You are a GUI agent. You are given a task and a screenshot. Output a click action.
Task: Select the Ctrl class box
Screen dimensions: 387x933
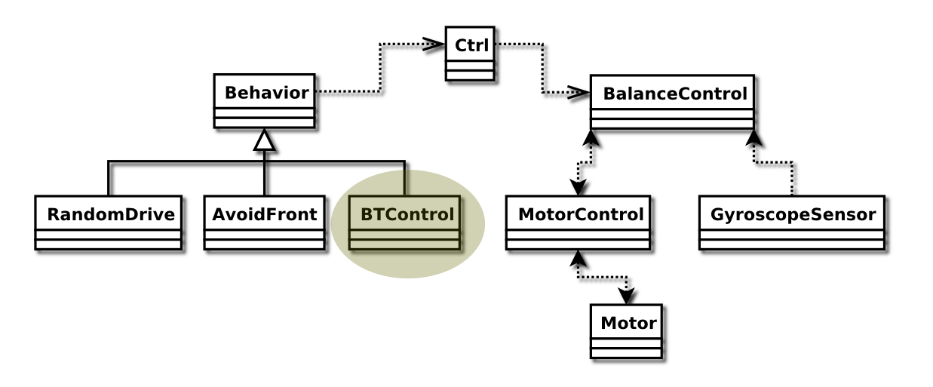[470, 53]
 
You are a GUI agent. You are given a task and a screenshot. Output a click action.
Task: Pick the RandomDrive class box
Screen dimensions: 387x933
[108, 222]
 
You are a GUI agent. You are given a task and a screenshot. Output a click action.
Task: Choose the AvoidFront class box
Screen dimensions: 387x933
[264, 222]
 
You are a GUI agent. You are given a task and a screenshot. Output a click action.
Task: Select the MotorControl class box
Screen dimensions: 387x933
[577, 222]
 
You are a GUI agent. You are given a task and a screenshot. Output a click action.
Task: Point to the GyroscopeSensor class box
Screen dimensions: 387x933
[791, 222]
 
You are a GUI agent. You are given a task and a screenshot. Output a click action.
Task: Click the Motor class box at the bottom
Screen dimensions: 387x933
[626, 331]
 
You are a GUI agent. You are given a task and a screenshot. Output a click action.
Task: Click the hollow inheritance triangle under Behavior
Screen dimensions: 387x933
[263, 140]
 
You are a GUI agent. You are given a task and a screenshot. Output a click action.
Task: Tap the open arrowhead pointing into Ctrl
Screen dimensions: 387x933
[433, 45]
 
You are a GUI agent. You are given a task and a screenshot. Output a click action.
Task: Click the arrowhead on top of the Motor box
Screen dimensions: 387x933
[627, 295]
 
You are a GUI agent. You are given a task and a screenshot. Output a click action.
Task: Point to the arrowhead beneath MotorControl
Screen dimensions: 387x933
[578, 259]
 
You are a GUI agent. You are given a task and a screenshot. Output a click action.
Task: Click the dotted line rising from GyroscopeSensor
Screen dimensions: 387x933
[792, 177]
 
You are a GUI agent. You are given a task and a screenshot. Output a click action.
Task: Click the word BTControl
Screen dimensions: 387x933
[407, 214]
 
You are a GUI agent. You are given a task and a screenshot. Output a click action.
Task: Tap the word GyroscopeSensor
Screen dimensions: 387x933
[793, 214]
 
